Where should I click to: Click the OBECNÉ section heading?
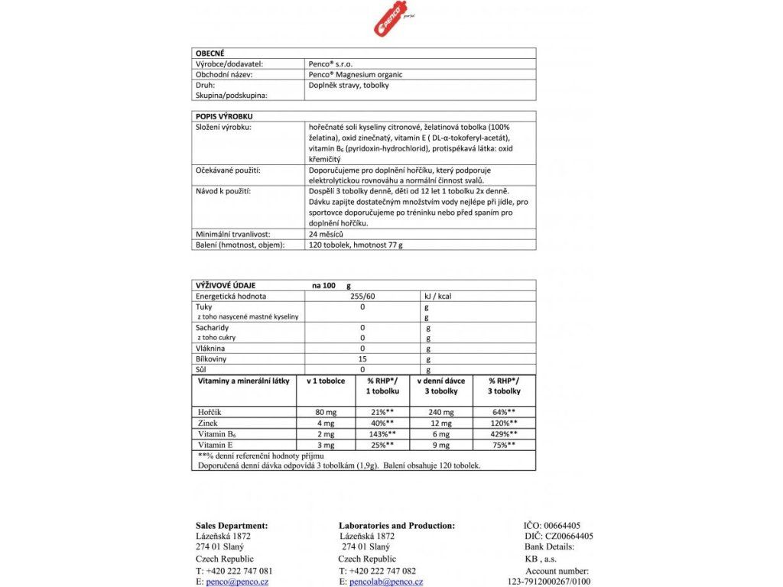[210, 54]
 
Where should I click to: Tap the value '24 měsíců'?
[325, 234]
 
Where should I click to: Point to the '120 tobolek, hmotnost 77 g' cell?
[355, 245]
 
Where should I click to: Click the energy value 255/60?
[362, 296]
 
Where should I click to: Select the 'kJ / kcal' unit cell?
[440, 296]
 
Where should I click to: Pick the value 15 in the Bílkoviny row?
[362, 358]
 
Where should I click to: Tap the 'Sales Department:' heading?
[232, 526]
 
